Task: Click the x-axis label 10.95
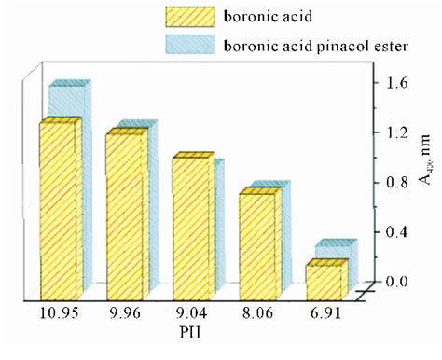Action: (58, 314)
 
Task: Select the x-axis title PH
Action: (191, 331)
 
